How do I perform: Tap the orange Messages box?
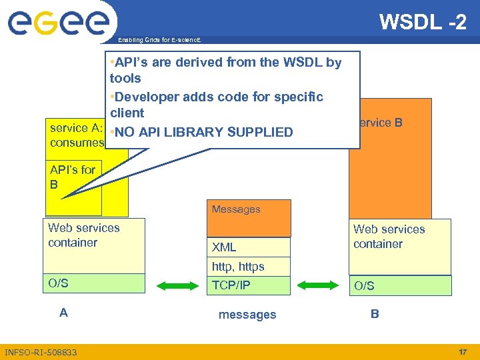249,217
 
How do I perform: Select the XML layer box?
249,247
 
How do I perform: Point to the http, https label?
238,267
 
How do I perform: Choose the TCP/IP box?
249,285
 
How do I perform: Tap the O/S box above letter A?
94,283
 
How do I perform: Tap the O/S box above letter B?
400,285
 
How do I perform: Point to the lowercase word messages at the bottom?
247,315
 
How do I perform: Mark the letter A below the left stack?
63,312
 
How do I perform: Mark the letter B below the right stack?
375,313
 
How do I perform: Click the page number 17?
463,351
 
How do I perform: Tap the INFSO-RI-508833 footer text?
41,352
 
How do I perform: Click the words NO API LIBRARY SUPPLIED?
204,132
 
